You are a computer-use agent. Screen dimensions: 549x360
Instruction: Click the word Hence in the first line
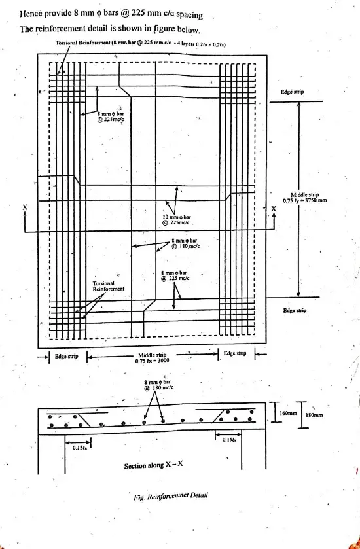pyautogui.click(x=33, y=14)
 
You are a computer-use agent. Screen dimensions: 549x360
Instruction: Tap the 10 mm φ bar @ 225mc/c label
pyautogui.click(x=177, y=219)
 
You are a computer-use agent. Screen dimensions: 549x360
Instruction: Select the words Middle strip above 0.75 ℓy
pyautogui.click(x=304, y=194)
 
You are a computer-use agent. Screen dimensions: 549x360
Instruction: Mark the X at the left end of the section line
pyautogui.click(x=25, y=207)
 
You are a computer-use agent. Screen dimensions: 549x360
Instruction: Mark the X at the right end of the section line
pyautogui.click(x=274, y=209)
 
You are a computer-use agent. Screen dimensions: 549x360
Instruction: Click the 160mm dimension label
pyautogui.click(x=289, y=414)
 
